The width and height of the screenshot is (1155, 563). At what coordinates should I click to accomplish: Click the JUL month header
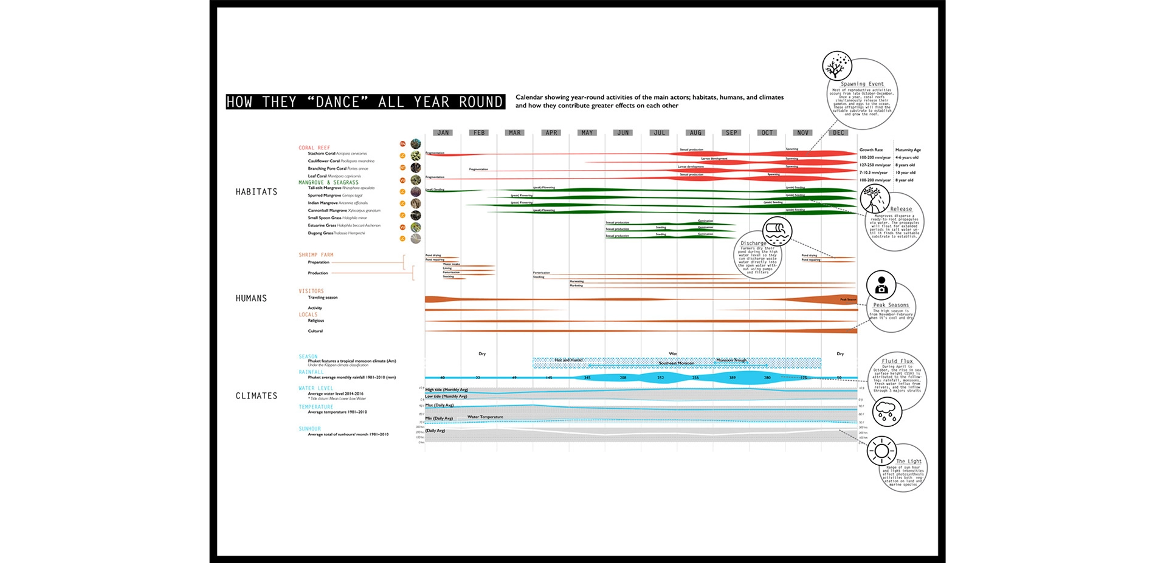coord(660,132)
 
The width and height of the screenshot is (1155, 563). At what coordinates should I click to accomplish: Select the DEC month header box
coord(839,132)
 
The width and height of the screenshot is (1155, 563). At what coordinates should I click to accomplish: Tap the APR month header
coord(551,132)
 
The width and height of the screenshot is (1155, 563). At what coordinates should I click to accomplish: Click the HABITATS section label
coord(257,192)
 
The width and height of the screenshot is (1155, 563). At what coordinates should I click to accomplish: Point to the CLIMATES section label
coord(257,396)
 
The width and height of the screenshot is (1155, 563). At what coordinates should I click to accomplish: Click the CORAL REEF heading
coord(314,148)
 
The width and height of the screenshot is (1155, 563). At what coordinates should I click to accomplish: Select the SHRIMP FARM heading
coord(316,255)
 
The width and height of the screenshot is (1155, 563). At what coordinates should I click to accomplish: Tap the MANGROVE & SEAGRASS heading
coord(328,182)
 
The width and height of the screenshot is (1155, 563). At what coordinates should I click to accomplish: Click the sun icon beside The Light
coord(881,451)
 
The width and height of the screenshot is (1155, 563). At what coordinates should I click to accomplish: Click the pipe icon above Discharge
coord(777,231)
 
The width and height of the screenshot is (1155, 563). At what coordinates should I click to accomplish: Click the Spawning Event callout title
coord(862,84)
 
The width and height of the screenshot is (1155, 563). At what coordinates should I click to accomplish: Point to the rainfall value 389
coord(733,378)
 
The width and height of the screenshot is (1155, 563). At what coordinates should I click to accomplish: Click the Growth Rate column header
coord(871,149)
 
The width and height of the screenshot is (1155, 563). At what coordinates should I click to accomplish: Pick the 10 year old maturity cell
coord(905,172)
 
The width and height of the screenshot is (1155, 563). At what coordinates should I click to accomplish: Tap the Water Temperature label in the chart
coord(485,417)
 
